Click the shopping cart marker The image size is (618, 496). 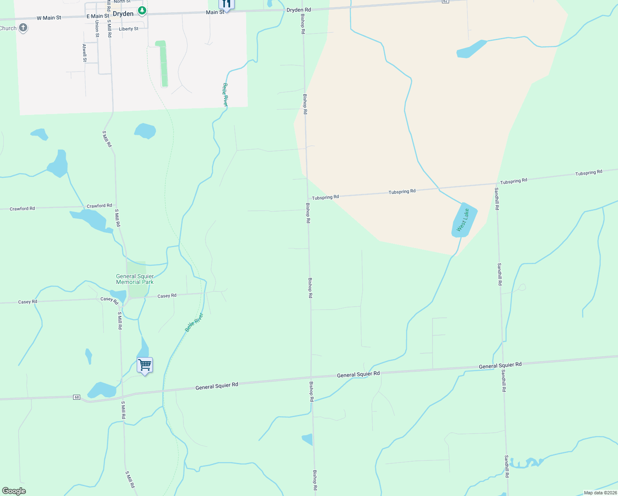point(145,365)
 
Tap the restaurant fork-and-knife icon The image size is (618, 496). point(226,4)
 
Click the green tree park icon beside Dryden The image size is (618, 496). point(142,10)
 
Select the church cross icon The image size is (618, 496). point(23,28)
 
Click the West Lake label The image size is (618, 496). point(463,220)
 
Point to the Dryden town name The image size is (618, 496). point(123,14)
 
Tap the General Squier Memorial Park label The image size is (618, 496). point(135,279)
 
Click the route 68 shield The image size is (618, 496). point(76,397)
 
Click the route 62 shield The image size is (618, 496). point(445,1)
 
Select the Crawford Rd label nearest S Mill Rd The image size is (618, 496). point(99,205)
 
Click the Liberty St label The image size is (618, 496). point(128,29)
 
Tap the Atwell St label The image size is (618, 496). point(85,53)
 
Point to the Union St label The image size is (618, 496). point(97,29)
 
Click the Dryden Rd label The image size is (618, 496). point(299,10)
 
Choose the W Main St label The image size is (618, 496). point(49,18)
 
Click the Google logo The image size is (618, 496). point(14,491)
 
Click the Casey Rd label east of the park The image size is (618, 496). point(167,296)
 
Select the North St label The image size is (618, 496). point(122,2)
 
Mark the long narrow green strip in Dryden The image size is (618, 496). point(163,64)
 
